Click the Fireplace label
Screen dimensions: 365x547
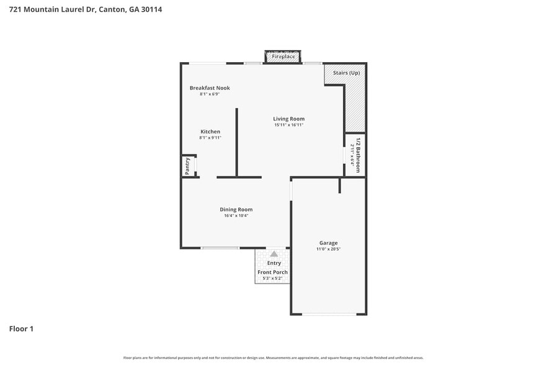(x=283, y=56)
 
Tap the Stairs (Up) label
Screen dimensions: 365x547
(x=346, y=73)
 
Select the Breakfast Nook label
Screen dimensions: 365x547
(x=210, y=88)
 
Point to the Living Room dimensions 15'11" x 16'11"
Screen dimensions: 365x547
(x=289, y=125)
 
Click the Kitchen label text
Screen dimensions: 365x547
(x=210, y=132)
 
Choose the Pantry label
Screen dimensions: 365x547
(x=187, y=166)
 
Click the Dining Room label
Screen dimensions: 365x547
(x=236, y=209)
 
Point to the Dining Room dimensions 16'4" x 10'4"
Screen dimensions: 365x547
(x=236, y=215)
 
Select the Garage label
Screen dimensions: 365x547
(x=329, y=243)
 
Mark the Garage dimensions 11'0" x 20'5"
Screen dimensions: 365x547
(x=329, y=249)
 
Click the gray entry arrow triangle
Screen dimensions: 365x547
(x=273, y=254)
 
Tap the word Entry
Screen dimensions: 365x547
(x=273, y=263)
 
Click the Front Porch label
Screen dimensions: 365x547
(x=273, y=272)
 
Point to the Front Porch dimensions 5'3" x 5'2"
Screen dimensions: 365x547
(x=273, y=278)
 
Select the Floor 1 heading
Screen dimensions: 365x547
(x=21, y=328)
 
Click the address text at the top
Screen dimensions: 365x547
(x=86, y=10)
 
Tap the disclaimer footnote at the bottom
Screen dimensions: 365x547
(x=273, y=358)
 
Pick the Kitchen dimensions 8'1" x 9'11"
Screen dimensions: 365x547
(x=210, y=138)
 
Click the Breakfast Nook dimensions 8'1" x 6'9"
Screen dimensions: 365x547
(x=210, y=94)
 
